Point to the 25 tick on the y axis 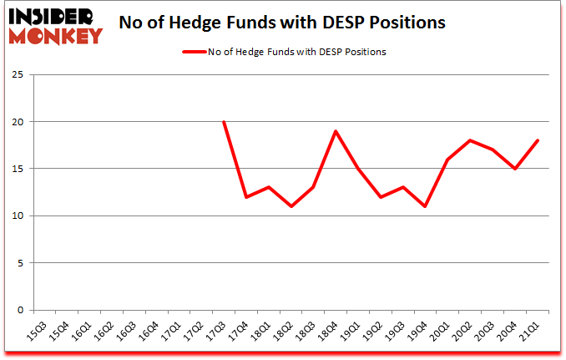coord(16,75)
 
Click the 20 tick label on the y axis coord(16,122)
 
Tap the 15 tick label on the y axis coord(16,169)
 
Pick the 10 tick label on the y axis coord(16,216)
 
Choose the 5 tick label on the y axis coord(19,263)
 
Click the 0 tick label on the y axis coord(19,310)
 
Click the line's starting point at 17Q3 coord(224,122)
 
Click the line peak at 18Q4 coord(336,131)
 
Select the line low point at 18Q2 coord(291,206)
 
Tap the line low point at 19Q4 coord(426,206)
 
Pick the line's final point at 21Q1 coord(538,140)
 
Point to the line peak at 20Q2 coord(470,140)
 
